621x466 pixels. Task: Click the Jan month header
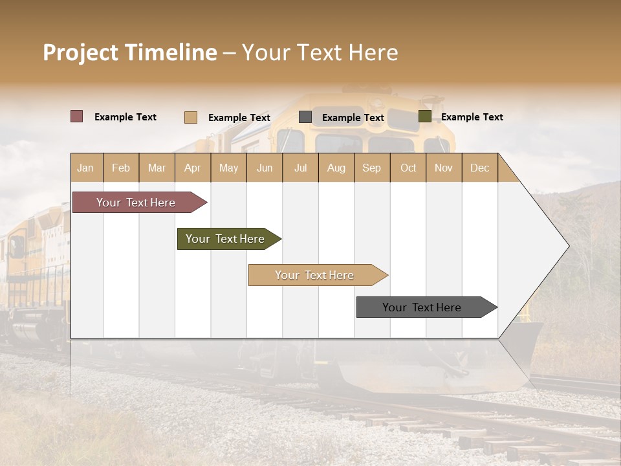(86, 168)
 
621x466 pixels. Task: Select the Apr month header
(193, 168)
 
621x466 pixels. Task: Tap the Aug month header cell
(336, 168)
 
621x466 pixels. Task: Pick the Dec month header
(479, 168)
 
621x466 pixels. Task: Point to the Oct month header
(408, 168)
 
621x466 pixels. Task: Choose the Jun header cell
(265, 168)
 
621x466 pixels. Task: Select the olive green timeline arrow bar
(226, 239)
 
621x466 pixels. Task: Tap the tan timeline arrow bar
(316, 275)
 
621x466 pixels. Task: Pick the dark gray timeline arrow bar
(424, 307)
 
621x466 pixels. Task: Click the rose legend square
(76, 116)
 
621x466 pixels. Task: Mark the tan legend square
(190, 117)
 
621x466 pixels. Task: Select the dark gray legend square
(305, 117)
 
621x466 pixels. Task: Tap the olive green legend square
(424, 116)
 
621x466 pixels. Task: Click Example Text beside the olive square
(472, 117)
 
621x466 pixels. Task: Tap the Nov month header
(444, 168)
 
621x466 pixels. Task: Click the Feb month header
(121, 168)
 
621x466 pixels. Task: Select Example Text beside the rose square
(125, 117)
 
